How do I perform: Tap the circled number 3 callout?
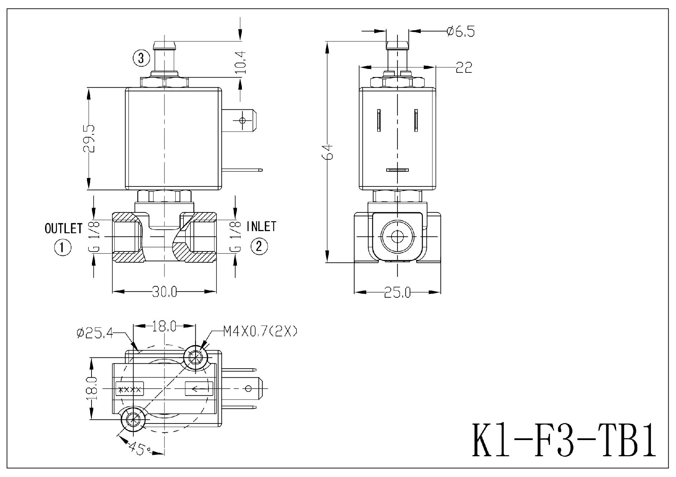(x=141, y=58)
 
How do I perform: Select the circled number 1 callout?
(x=63, y=247)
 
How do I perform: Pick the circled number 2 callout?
(x=259, y=246)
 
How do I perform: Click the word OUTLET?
(x=63, y=229)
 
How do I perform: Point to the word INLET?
(x=261, y=227)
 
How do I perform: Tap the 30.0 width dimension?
(x=164, y=292)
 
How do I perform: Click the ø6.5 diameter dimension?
(x=461, y=32)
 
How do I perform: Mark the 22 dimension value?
(x=464, y=67)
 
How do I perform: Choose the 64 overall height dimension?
(x=328, y=152)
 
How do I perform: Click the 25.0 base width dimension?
(x=397, y=292)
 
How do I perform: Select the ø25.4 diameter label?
(x=95, y=333)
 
